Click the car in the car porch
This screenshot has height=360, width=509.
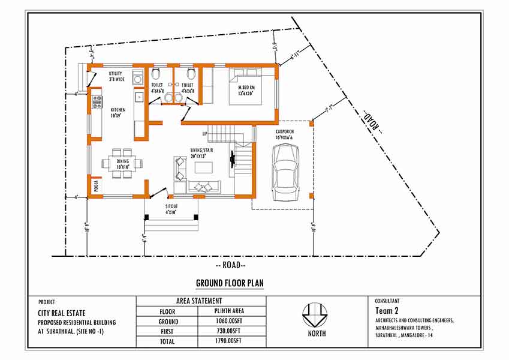[x=285, y=173]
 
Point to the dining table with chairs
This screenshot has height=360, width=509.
[x=122, y=163]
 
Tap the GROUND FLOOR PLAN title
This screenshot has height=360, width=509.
[x=230, y=283]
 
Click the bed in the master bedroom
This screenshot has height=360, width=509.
[x=245, y=87]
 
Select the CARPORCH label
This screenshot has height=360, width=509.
[x=285, y=133]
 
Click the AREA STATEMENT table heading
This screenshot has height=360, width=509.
[x=199, y=301]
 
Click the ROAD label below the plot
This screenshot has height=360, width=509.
[x=230, y=265]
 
